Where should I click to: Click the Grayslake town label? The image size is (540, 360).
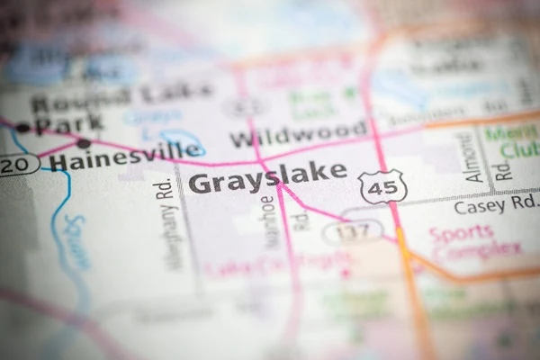pos(267,177)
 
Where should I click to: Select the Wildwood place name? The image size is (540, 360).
pos(298,134)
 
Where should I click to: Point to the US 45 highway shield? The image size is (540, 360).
pos(382,186)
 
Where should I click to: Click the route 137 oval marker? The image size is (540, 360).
pos(353,232)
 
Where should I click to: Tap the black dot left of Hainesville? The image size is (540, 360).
pos(83,143)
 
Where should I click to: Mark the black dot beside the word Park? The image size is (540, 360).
pos(23,128)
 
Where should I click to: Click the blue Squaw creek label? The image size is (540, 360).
pos(76,241)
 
